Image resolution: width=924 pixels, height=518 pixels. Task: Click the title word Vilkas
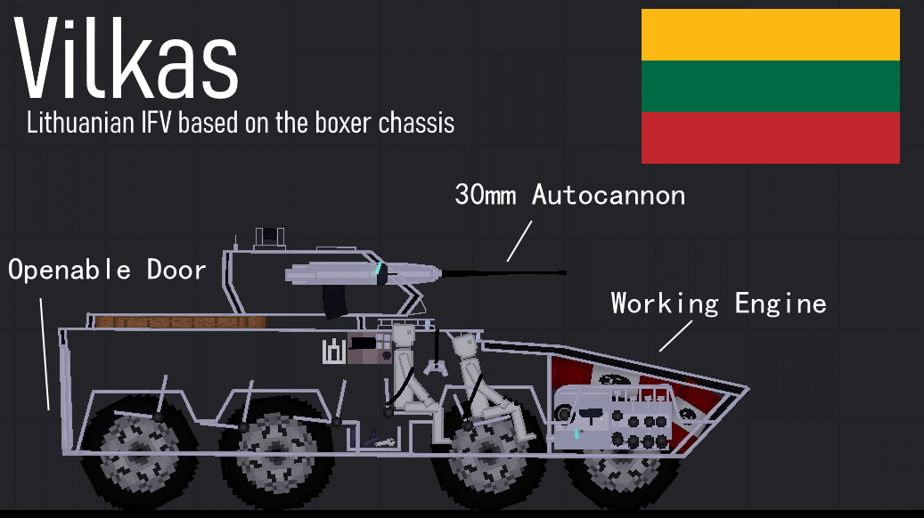coord(127,61)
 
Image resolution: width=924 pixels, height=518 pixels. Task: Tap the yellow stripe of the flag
coord(770,35)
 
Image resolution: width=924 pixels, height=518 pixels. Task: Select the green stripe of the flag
coord(770,86)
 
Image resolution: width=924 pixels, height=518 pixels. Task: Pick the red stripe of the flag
coord(770,137)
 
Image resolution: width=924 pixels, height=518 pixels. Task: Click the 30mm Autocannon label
coord(569,195)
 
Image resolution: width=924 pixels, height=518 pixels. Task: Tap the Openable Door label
coord(107,270)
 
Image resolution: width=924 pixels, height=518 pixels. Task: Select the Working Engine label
coord(718,304)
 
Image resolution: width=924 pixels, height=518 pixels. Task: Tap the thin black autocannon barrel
coord(499,273)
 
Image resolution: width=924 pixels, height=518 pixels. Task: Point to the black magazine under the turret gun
coord(336,300)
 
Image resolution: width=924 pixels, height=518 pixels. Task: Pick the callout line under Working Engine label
coord(675,336)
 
